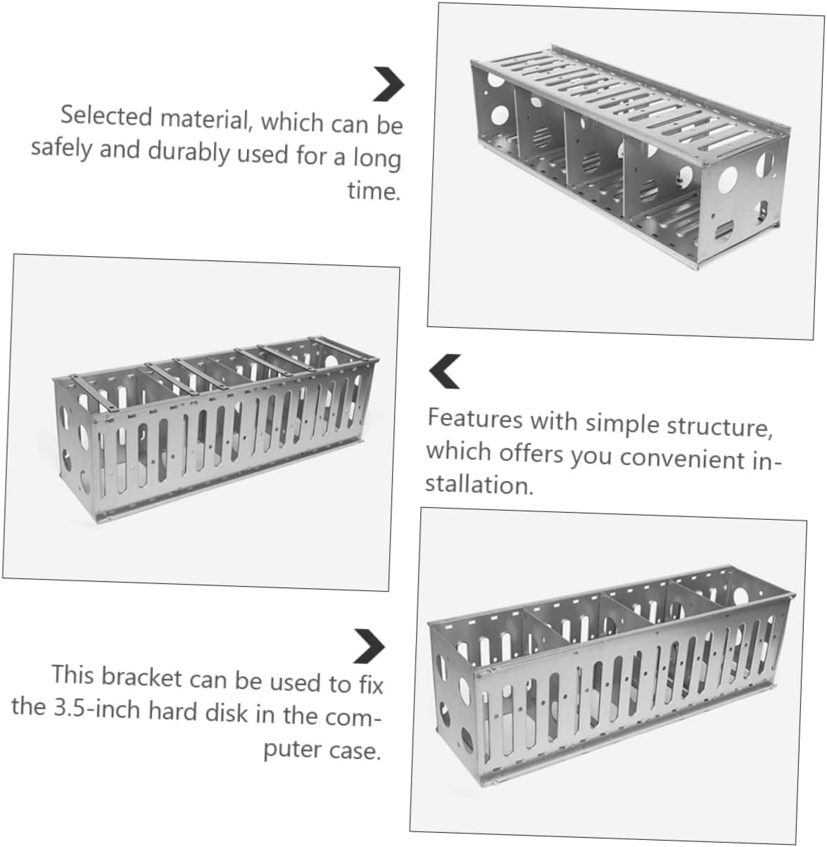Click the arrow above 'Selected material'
click(390, 84)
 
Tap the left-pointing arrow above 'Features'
click(444, 371)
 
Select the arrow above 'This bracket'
click(370, 646)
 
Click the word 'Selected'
click(106, 116)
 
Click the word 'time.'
click(374, 190)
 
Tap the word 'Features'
click(474, 419)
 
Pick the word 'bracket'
click(141, 677)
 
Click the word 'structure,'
click(720, 426)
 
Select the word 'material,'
click(207, 119)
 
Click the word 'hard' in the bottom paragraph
click(172, 711)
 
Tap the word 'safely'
click(61, 148)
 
